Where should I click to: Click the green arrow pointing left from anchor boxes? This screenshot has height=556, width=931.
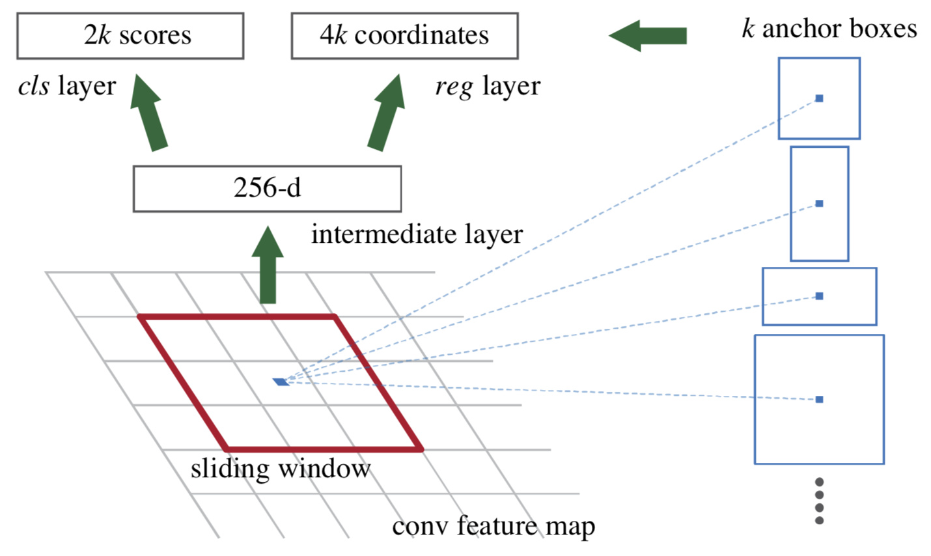(x=648, y=36)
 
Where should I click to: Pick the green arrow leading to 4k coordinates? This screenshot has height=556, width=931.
(x=387, y=113)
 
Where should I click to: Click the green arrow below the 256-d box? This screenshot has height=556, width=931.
(x=268, y=265)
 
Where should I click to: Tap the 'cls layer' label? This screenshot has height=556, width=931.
(x=67, y=87)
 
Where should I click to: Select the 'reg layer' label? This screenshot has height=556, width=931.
(x=488, y=87)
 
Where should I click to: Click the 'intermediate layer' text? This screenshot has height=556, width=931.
(x=417, y=234)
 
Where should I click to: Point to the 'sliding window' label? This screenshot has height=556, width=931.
(x=281, y=469)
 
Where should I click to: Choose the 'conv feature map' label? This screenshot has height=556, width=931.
(x=493, y=527)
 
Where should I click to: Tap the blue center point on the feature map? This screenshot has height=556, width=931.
(x=281, y=382)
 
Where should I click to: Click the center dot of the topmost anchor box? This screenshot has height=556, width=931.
(x=819, y=98)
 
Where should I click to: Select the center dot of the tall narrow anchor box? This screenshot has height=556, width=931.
(x=819, y=203)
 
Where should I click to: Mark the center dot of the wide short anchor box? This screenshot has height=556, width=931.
(x=819, y=296)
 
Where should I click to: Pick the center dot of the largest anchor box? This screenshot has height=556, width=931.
(x=819, y=399)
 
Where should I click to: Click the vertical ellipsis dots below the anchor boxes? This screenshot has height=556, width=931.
(x=819, y=501)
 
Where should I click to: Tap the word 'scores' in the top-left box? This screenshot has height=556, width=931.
(x=156, y=35)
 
